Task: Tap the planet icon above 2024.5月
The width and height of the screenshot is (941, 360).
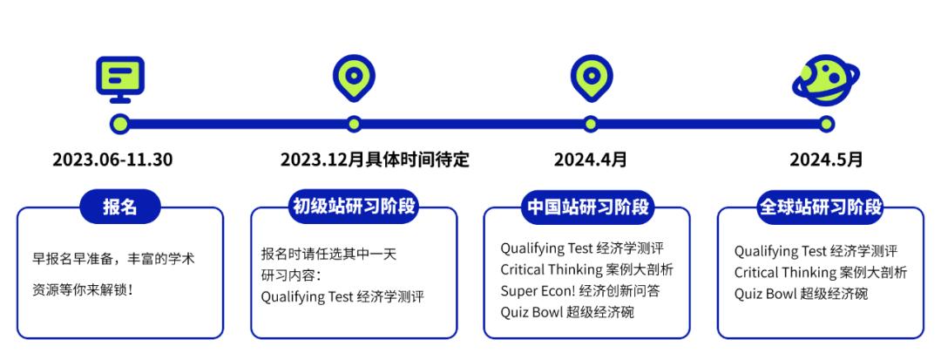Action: point(825,79)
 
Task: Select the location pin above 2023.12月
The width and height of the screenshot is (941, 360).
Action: point(354,78)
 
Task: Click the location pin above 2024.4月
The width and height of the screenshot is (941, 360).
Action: point(591,78)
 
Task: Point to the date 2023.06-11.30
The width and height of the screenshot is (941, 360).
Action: point(112,160)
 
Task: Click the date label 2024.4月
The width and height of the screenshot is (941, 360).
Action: point(591,160)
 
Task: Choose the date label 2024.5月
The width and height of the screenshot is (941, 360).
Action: point(826,160)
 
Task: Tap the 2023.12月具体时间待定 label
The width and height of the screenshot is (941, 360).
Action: point(375,160)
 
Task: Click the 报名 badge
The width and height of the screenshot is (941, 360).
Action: point(120,207)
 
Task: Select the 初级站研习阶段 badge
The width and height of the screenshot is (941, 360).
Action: point(354,207)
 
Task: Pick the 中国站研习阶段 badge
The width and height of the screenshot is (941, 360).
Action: point(589,207)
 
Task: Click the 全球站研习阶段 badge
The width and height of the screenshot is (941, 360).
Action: point(821,207)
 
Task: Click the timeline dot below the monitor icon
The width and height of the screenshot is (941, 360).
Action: point(120,124)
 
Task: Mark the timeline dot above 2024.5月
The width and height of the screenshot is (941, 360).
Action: point(826,124)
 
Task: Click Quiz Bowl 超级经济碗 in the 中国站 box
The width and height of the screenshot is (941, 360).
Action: point(567,311)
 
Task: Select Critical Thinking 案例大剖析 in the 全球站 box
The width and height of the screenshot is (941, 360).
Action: point(820,272)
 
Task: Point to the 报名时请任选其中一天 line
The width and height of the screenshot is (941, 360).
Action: point(328,254)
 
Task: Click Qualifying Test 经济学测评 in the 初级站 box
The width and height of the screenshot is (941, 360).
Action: point(342,296)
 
